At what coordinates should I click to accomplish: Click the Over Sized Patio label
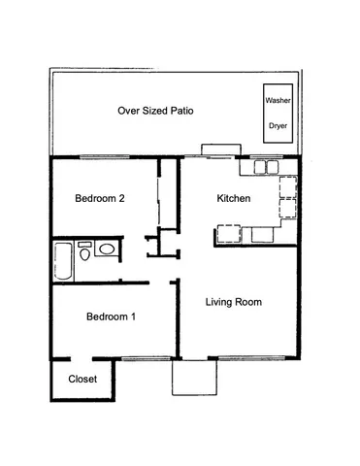click(155, 111)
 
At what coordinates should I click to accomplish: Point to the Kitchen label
click(234, 198)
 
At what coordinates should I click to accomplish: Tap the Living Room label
click(234, 302)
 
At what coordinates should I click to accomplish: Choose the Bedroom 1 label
click(111, 317)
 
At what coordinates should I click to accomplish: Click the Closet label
click(82, 379)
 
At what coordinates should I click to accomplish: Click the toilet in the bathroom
click(85, 253)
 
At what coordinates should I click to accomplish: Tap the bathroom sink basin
click(105, 250)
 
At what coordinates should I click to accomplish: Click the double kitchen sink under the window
click(267, 166)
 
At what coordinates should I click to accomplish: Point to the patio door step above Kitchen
click(214, 150)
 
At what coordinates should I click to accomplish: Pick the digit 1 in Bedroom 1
click(133, 317)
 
